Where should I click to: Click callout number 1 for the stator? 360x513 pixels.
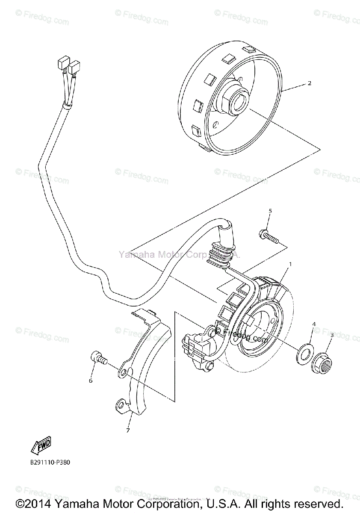tap(290, 264)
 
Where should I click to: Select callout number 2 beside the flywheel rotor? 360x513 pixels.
tap(310, 83)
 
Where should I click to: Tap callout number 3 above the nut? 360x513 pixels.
tap(331, 336)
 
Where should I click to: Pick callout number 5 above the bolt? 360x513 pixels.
tap(270, 211)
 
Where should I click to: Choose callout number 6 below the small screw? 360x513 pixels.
tap(91, 380)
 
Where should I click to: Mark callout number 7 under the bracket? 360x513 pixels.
tap(127, 430)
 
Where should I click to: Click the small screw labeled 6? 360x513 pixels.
tap(97, 357)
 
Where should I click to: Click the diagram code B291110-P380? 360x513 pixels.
tap(56, 462)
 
